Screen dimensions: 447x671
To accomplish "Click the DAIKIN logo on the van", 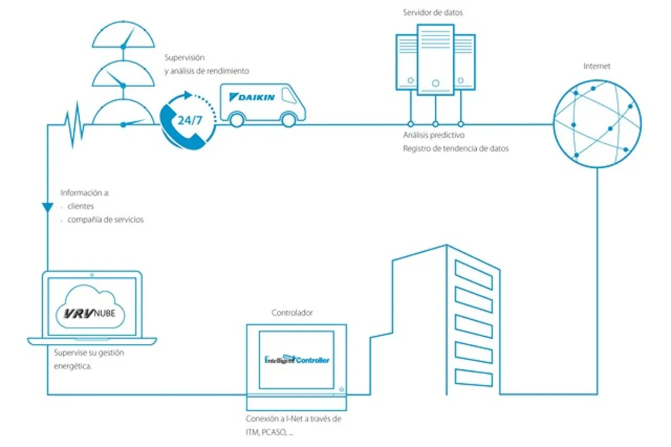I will [x=252, y=97].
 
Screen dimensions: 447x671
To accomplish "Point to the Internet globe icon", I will [x=597, y=123].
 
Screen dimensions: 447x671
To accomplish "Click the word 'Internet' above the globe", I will [x=597, y=66].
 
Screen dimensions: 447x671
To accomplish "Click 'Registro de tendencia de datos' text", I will [x=456, y=149].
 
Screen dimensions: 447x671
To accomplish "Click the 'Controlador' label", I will [x=292, y=313].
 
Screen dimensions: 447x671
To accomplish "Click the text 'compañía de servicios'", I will [x=105, y=220].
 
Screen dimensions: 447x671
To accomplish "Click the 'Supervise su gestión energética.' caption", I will [x=89, y=360].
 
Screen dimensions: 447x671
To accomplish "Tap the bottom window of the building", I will [x=474, y=378].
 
